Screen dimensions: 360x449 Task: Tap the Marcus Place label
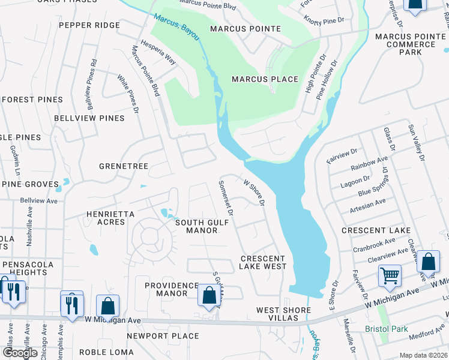click(x=265, y=79)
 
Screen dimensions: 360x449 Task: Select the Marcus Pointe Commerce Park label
click(x=411, y=44)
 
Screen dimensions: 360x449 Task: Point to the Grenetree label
click(x=124, y=166)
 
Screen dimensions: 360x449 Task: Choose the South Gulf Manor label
click(x=197, y=226)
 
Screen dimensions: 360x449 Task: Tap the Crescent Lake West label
click(x=263, y=262)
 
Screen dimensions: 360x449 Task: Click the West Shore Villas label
click(x=283, y=314)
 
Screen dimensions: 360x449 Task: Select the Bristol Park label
click(x=387, y=329)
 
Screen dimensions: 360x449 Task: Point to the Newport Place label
click(x=162, y=336)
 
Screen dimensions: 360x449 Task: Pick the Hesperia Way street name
click(x=158, y=52)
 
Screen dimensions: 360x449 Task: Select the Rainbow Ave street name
click(x=370, y=164)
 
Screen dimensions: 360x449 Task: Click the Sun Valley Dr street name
click(x=416, y=143)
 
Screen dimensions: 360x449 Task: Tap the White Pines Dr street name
click(x=128, y=94)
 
